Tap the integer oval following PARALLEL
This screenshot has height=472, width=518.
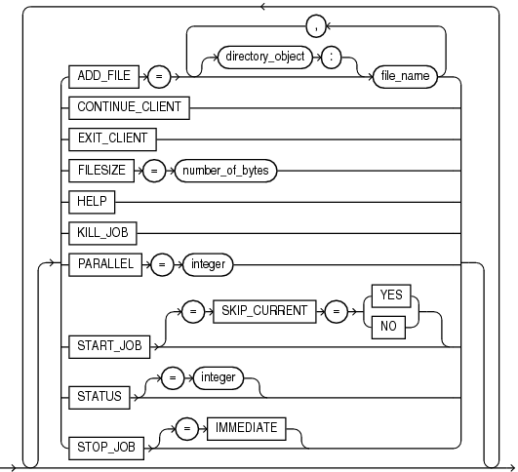click(208, 263)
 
